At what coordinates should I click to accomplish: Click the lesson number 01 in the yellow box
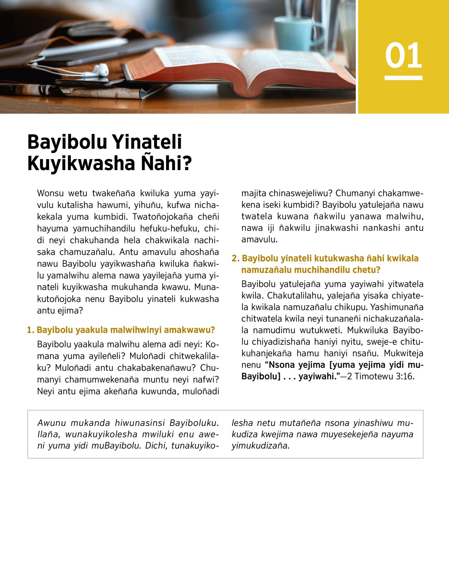(403, 56)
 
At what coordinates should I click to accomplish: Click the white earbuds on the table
(100, 70)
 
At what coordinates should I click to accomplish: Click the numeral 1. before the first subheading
(30, 330)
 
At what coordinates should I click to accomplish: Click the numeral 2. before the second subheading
(235, 258)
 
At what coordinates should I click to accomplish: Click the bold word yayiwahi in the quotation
(316, 377)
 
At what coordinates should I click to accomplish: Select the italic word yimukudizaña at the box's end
(260, 446)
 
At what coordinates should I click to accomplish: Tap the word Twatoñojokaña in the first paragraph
(162, 217)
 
